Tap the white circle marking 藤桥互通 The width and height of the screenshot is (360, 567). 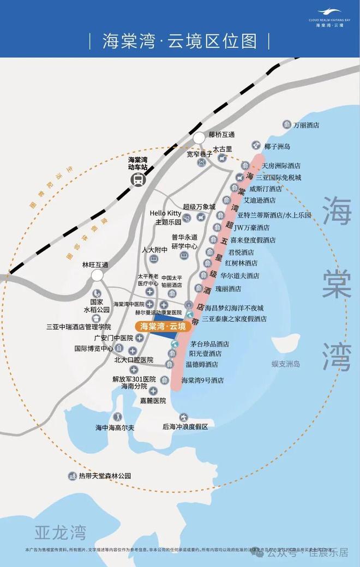[200, 138]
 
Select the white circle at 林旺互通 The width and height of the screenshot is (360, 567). [99, 275]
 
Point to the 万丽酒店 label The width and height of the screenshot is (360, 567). [306, 125]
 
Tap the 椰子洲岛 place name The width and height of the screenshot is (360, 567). [277, 147]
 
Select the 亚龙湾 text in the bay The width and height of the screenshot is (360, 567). [60, 531]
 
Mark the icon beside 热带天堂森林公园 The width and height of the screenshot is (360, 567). [71, 476]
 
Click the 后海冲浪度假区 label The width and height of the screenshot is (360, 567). [185, 427]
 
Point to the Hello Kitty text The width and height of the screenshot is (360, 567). [166, 213]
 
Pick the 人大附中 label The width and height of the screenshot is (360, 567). [154, 250]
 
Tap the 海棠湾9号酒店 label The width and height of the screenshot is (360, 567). [202, 380]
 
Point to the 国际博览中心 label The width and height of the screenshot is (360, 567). [94, 348]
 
